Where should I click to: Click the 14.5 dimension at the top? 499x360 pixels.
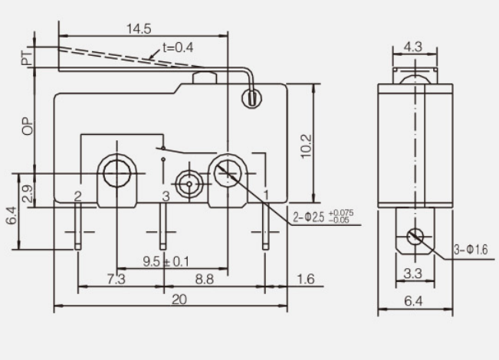point(139,28)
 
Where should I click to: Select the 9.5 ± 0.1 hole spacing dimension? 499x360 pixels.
point(166,261)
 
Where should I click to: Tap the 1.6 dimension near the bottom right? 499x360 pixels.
point(305,280)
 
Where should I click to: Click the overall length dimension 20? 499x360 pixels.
point(179,300)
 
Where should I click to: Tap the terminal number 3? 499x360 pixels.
point(166,197)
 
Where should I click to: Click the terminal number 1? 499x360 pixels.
point(266,195)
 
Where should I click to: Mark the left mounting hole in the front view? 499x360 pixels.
point(116,174)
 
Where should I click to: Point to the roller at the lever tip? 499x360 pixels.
point(250,98)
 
